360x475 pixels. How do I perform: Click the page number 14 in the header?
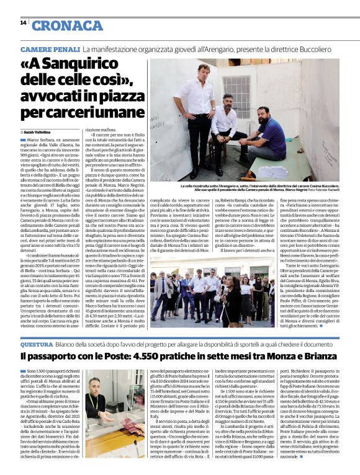coord(23,23)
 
